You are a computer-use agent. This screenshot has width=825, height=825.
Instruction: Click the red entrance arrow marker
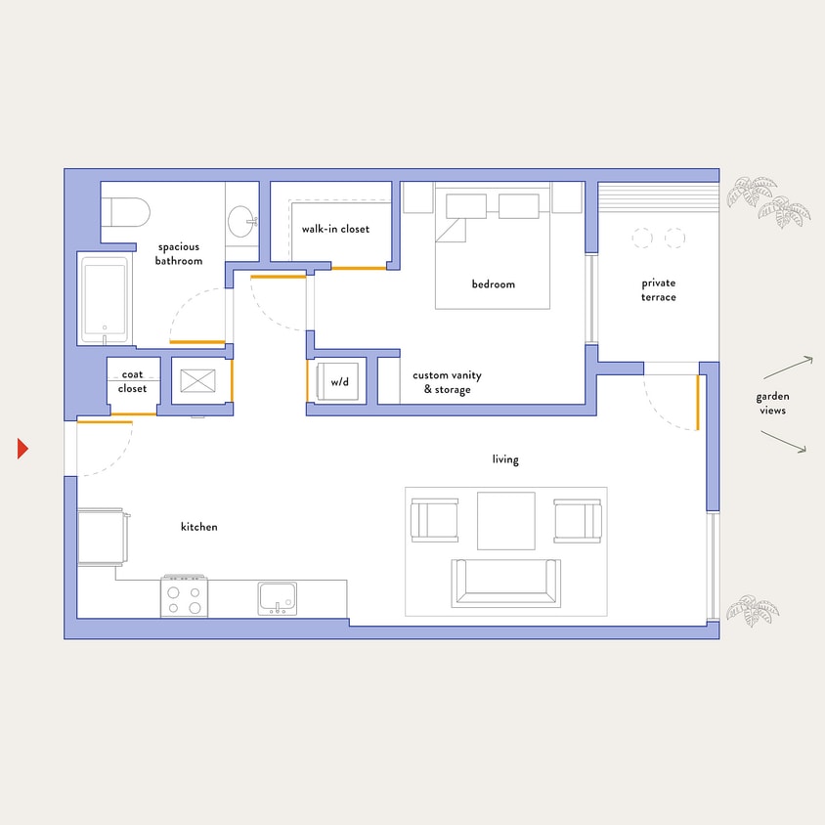tap(22, 449)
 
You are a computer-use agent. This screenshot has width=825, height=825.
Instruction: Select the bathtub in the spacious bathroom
tap(105, 299)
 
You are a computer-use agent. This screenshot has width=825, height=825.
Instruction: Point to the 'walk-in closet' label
tap(335, 230)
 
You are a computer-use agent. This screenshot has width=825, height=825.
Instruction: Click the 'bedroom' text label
tap(493, 284)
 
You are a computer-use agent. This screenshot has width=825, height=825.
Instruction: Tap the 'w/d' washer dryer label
tap(339, 382)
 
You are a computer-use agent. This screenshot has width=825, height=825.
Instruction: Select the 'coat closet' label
tap(133, 381)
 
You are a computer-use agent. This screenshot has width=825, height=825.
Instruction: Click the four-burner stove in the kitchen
tap(185, 596)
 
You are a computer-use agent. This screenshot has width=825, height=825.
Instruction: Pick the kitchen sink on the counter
tap(278, 597)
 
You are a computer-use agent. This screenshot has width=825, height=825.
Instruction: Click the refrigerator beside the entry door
tap(101, 537)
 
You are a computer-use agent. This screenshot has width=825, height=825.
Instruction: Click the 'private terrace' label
tap(659, 290)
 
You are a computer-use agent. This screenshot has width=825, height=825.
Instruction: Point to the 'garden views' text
tap(771, 404)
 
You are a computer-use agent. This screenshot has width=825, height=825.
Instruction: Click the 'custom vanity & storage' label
tap(447, 382)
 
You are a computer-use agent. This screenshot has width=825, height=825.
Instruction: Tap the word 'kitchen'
tap(199, 527)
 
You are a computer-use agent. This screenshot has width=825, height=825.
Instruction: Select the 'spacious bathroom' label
tap(178, 254)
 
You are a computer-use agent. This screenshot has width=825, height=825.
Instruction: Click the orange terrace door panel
tap(698, 401)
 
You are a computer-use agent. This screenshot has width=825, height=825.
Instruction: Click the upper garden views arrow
tap(788, 368)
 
